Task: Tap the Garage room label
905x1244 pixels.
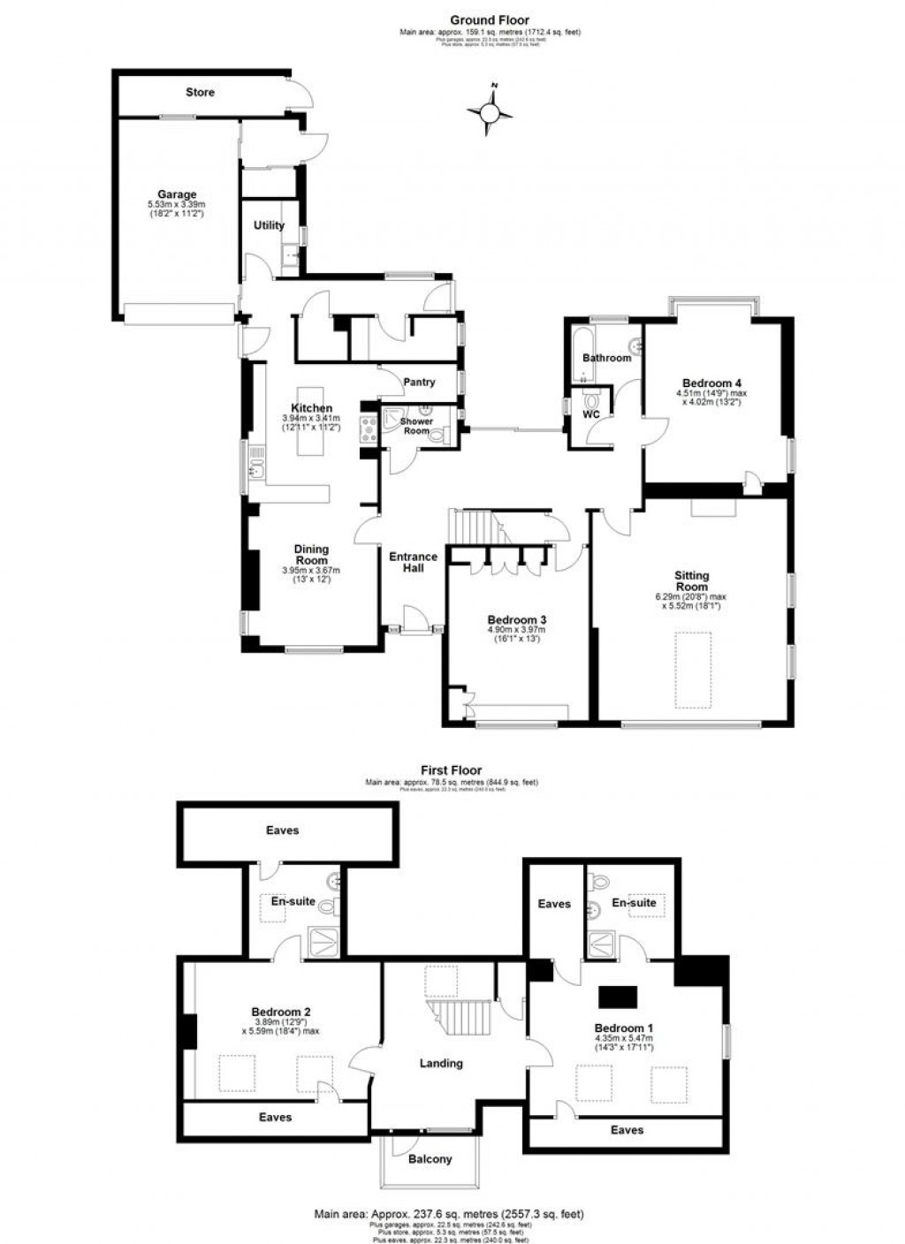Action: pos(177,194)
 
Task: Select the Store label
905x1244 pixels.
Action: pos(200,92)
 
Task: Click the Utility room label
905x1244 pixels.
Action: pos(270,225)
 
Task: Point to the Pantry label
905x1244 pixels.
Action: pos(419,383)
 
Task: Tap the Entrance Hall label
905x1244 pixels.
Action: pos(413,562)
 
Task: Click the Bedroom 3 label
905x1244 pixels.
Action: pos(516,619)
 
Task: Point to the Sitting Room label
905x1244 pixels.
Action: pos(692,581)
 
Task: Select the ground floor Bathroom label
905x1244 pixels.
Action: pos(606,358)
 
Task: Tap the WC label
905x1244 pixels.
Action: pos(591,414)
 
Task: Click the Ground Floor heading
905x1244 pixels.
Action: pos(490,19)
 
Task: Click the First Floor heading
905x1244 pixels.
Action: pos(451,770)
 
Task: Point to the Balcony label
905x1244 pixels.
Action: pos(430,1159)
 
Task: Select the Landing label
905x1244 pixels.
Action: pos(440,1063)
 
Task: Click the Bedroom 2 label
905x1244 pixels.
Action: pos(280,1012)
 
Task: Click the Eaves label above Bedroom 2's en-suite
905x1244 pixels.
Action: pos(282,831)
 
